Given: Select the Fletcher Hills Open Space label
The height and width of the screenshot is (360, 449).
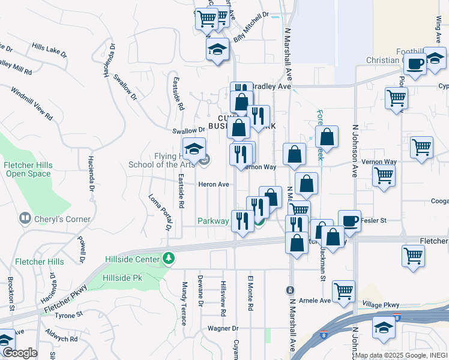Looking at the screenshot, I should pos(29,169).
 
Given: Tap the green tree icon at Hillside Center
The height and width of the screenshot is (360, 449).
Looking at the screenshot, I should pos(170,259).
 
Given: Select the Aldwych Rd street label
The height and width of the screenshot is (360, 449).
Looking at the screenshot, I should pos(62,339).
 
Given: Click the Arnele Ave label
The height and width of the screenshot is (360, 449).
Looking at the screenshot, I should pos(316,301).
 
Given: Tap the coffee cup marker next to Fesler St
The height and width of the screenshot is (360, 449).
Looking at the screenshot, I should pos(349,221).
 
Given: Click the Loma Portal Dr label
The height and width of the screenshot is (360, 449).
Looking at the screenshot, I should pos(159,212).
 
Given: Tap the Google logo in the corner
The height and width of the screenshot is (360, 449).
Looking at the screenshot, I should pos(19,353).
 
